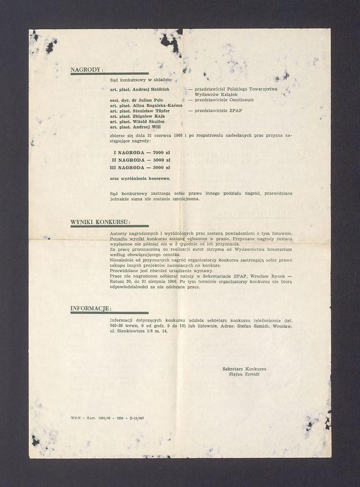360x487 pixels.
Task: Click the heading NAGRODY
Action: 87,69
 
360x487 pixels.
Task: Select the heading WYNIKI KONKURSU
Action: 100,222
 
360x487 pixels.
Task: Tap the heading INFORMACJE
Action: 91,308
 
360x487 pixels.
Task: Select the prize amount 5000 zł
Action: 161,159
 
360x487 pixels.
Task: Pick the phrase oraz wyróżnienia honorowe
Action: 139,178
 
